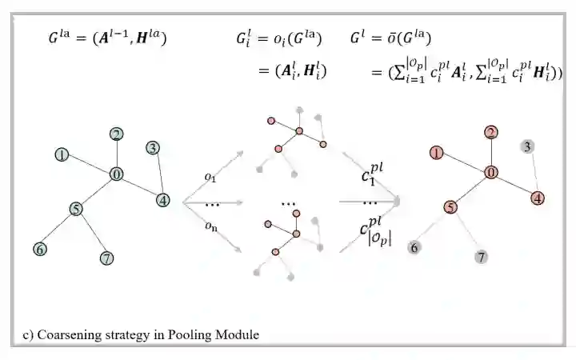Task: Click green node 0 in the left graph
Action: [x=117, y=174]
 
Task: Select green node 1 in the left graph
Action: [x=61, y=154]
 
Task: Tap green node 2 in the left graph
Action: [x=117, y=134]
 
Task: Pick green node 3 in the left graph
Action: [x=153, y=147]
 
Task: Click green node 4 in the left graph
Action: [x=163, y=200]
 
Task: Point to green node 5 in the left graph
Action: [x=76, y=209]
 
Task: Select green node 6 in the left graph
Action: [x=39, y=249]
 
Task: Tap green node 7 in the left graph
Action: [x=106, y=258]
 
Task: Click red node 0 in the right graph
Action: [x=491, y=172]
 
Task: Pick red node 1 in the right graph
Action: [x=436, y=152]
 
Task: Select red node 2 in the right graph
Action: [x=491, y=132]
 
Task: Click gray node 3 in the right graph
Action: [x=527, y=146]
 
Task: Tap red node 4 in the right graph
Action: [x=538, y=198]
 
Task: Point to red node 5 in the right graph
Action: [x=450, y=207]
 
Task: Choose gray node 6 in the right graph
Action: [x=414, y=247]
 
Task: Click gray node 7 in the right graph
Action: [x=481, y=257]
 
